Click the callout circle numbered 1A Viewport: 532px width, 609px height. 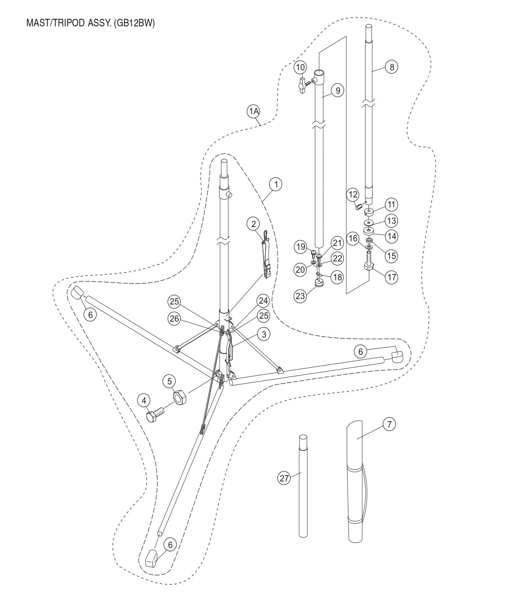click(253, 111)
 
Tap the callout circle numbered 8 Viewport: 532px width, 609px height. click(391, 67)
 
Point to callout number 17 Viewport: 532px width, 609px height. click(392, 277)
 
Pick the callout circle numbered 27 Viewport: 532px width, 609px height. click(284, 478)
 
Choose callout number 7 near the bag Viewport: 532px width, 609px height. click(389, 425)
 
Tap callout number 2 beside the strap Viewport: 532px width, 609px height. click(253, 224)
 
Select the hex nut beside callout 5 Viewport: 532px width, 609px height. click(180, 396)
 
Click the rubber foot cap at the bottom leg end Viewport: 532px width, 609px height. click(151, 558)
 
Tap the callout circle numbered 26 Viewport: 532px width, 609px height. click(174, 319)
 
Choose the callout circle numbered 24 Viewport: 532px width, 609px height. click(263, 301)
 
